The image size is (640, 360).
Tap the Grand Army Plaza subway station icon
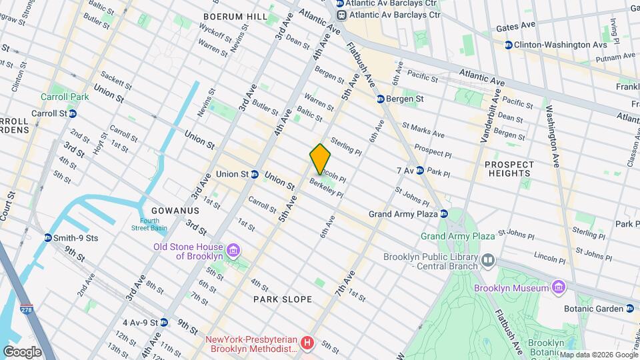(x=444, y=214)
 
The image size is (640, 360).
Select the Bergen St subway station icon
(x=380, y=99)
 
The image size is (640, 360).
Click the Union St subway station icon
(x=255, y=174)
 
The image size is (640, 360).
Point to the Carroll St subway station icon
(x=72, y=113)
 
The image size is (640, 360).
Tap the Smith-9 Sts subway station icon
(x=48, y=237)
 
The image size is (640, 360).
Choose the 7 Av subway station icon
(x=420, y=171)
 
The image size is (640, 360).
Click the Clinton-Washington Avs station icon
(x=509, y=45)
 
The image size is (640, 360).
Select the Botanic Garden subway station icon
(x=629, y=308)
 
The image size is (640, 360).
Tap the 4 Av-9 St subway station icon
(x=163, y=322)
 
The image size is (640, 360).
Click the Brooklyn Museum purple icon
(x=559, y=288)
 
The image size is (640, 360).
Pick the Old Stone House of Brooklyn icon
(x=233, y=251)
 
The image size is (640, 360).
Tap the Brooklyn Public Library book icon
(x=489, y=261)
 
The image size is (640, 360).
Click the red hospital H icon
(x=307, y=343)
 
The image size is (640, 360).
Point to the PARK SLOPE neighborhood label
(x=283, y=300)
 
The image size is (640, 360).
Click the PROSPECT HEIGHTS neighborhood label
(x=509, y=169)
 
